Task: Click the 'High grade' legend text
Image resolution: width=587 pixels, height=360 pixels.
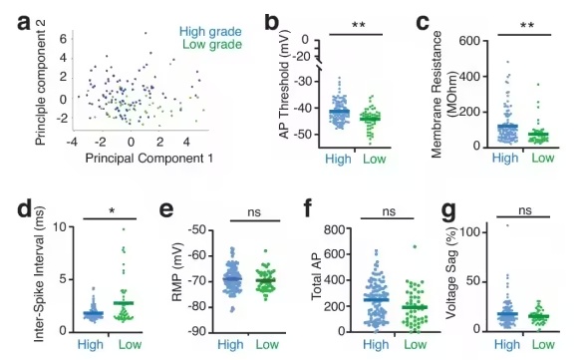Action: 210,32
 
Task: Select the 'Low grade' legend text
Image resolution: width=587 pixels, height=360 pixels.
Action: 212,45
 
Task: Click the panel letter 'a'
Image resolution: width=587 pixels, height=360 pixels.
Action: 24,23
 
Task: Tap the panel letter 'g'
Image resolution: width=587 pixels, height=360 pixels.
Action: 449,212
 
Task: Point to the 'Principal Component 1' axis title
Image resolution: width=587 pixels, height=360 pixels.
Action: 149,159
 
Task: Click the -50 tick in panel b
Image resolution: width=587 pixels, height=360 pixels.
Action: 305,134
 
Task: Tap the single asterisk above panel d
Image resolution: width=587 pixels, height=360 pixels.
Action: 112,211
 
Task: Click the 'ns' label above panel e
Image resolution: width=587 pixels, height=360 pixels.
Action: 254,212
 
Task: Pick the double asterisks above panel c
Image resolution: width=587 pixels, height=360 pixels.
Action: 527,26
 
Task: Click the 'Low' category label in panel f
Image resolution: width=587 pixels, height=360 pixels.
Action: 415,344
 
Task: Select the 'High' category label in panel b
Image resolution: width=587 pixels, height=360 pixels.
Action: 338,159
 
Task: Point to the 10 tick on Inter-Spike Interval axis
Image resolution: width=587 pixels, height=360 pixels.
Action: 60,227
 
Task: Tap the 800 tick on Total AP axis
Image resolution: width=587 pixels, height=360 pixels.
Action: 334,229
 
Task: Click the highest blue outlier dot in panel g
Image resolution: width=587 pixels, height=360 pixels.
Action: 507,225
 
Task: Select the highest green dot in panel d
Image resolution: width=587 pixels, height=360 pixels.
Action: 124,229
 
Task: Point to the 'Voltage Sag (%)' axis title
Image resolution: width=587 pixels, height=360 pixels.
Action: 451,272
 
